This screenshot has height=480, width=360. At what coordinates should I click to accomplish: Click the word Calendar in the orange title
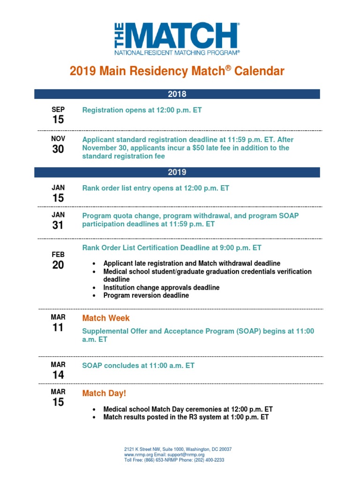click(x=259, y=72)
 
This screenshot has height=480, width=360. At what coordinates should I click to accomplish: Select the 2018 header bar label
click(x=177, y=94)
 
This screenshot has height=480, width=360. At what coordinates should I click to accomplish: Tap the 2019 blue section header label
click(x=177, y=172)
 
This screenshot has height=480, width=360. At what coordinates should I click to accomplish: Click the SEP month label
click(x=58, y=110)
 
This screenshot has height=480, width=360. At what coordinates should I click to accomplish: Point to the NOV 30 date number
click(x=58, y=149)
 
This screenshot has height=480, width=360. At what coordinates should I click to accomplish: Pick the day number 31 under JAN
click(x=58, y=225)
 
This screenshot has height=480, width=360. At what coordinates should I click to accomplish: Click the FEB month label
click(x=58, y=254)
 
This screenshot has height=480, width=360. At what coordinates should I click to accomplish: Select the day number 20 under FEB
click(x=58, y=265)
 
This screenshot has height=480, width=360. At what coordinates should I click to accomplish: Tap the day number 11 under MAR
click(x=58, y=328)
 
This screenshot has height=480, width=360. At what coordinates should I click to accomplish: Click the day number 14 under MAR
click(x=58, y=375)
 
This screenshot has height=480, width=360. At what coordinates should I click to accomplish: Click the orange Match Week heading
click(x=106, y=318)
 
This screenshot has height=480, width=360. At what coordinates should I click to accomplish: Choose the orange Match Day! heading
click(x=104, y=393)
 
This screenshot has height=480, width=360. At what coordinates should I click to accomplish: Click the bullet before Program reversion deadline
click(x=95, y=296)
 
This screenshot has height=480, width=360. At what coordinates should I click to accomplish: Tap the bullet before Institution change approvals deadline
click(x=95, y=288)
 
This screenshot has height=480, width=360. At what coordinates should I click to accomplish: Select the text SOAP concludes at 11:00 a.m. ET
click(x=138, y=365)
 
